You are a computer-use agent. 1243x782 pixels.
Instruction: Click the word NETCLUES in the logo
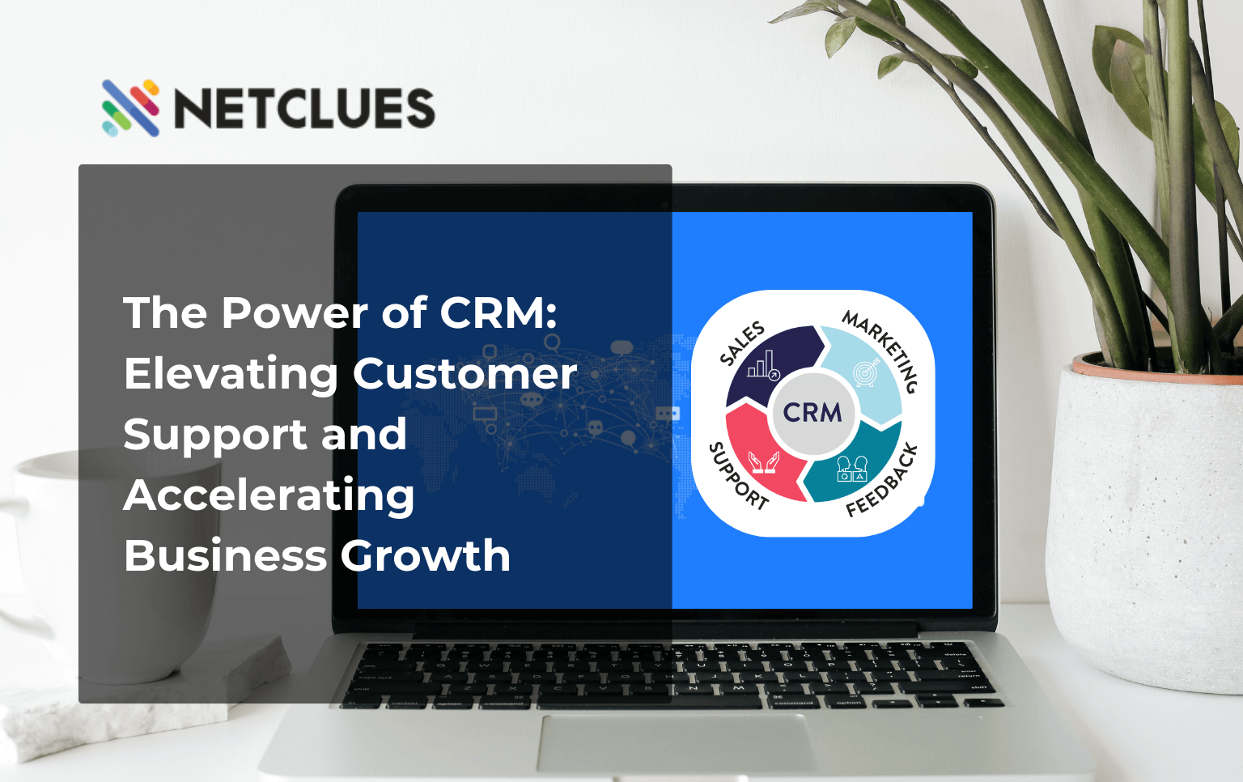304,108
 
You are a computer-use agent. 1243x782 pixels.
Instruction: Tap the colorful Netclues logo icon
130,108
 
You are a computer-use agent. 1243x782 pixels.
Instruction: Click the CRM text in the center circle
812,413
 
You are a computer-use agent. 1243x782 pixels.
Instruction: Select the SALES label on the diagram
742,343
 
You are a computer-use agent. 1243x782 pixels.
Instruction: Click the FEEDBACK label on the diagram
883,480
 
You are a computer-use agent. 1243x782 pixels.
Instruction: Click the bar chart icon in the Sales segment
763,366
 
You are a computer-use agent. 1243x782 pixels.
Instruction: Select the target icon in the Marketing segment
865,372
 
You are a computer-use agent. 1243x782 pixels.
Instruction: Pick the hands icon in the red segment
763,462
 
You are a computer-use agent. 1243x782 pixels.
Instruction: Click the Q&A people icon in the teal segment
851,468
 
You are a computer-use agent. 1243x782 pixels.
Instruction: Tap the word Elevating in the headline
231,374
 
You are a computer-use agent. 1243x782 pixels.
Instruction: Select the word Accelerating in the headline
269,495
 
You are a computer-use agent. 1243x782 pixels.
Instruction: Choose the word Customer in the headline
465,374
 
